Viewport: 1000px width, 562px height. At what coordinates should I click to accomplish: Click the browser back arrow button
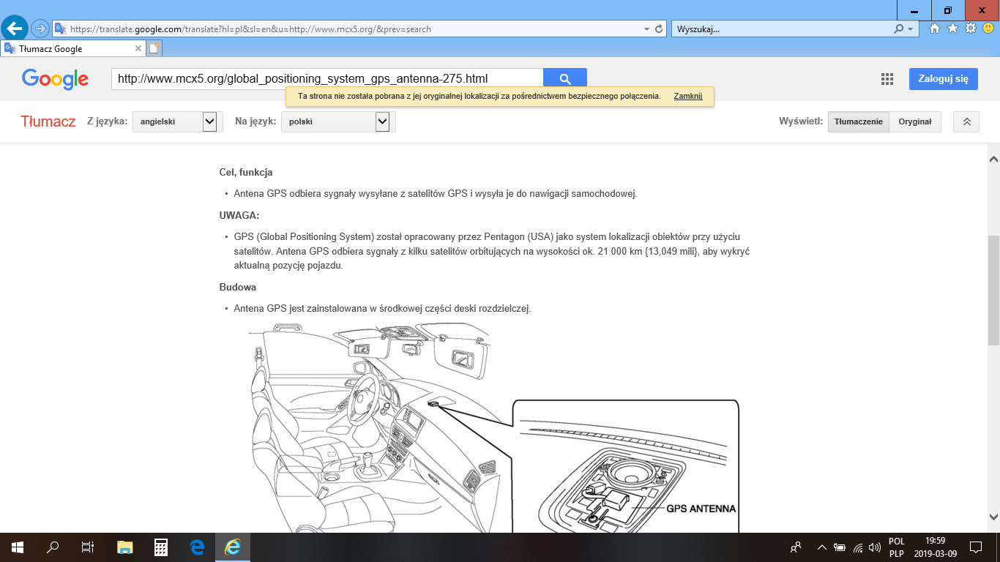point(15,29)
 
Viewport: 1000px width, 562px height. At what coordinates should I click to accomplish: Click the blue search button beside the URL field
point(564,79)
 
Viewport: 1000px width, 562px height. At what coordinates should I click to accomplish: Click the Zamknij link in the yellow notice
point(688,96)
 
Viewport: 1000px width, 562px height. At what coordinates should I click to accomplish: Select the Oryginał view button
point(915,122)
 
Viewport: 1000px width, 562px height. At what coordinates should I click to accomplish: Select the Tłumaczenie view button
point(859,122)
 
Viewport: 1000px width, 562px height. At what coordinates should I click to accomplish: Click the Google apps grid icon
point(887,79)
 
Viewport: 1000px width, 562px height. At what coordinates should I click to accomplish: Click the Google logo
point(55,80)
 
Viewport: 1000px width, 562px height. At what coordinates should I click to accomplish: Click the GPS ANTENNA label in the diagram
point(701,509)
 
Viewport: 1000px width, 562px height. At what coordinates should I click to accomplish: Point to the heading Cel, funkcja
point(245,172)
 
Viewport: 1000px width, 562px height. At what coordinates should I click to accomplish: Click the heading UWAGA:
point(239,215)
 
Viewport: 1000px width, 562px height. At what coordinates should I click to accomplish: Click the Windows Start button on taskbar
point(17,547)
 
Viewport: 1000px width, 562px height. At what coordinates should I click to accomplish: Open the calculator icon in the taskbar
point(161,547)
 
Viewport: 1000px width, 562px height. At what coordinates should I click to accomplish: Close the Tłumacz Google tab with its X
point(138,48)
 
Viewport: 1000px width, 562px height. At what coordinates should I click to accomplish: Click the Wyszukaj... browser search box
point(781,29)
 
